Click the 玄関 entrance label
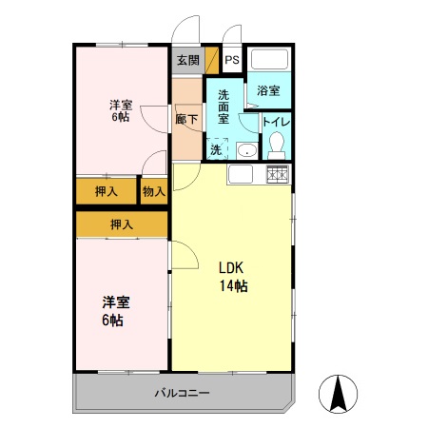click(x=187, y=60)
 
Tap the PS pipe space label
click(x=232, y=60)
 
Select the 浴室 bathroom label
click(x=268, y=91)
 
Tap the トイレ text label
click(x=276, y=122)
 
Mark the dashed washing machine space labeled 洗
click(x=217, y=149)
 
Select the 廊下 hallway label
click(x=186, y=121)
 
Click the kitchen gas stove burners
click(x=277, y=174)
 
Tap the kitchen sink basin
click(x=240, y=175)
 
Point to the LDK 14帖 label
click(x=233, y=277)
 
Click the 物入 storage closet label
click(x=154, y=191)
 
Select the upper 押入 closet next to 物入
click(x=107, y=191)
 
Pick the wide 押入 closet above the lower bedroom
click(x=121, y=224)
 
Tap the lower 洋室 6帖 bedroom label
click(x=116, y=311)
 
